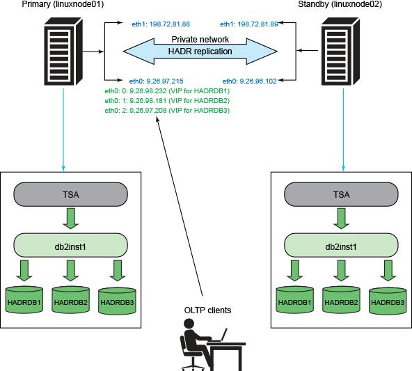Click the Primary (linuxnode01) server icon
(63, 52)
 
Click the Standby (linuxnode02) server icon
(340, 52)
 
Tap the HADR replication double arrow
(200, 51)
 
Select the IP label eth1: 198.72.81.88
(161, 24)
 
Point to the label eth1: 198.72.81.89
(249, 24)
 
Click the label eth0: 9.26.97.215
(157, 81)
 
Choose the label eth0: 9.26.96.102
(250, 81)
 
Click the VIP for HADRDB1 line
(167, 91)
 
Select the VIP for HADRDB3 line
(167, 111)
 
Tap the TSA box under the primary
(71, 194)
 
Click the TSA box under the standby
(341, 194)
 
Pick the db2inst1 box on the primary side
(71, 246)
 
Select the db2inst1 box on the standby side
(341, 246)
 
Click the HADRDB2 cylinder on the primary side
(71, 300)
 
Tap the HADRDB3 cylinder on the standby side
(388, 301)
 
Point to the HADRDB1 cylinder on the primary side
(24, 300)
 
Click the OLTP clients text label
(207, 310)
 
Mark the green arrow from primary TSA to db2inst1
(71, 219)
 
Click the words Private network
(200, 40)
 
